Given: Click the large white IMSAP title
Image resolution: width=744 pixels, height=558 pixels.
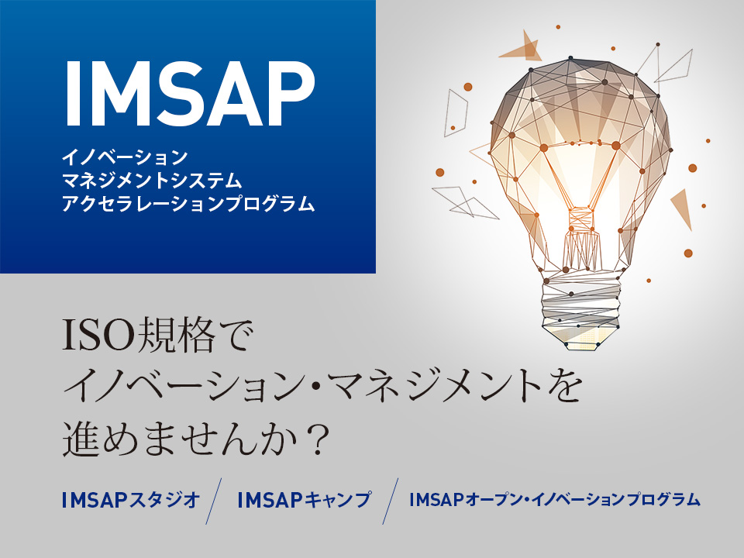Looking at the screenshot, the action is (x=189, y=93).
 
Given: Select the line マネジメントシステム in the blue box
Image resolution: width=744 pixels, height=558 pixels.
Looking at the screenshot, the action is (x=153, y=181).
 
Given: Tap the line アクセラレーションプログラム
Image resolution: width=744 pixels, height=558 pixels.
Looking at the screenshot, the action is (x=188, y=204).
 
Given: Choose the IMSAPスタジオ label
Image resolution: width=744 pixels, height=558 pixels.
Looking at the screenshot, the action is (x=131, y=500).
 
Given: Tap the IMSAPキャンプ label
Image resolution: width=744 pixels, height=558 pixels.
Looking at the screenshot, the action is (x=304, y=500).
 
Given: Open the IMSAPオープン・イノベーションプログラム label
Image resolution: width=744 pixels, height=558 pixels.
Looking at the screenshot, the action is (x=555, y=500).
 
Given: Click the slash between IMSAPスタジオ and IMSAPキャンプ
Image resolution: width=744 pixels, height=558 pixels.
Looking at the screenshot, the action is (x=214, y=501).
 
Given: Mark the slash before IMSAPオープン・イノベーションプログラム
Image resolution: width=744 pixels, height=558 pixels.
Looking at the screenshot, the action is (x=391, y=501).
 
